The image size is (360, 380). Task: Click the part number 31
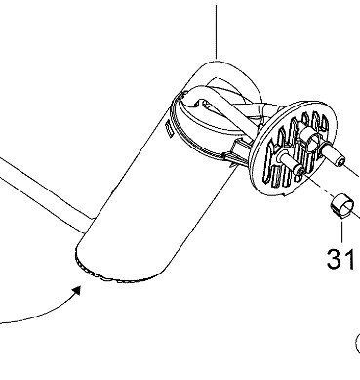340,259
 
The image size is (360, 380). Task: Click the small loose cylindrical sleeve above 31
342,206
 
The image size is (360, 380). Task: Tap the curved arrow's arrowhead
77,291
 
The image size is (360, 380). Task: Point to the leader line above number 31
342,232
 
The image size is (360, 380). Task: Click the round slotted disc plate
294,148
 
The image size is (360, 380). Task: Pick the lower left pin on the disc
291,163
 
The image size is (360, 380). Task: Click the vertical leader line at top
217,31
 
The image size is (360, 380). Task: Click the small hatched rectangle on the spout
168,129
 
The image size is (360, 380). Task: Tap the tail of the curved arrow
3,323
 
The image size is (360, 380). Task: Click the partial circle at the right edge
357,343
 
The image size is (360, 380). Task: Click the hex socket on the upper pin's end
340,161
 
